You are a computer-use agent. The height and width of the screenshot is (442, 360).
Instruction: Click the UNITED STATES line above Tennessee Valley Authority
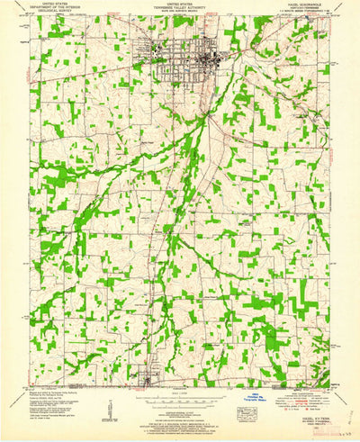click(180, 3)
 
